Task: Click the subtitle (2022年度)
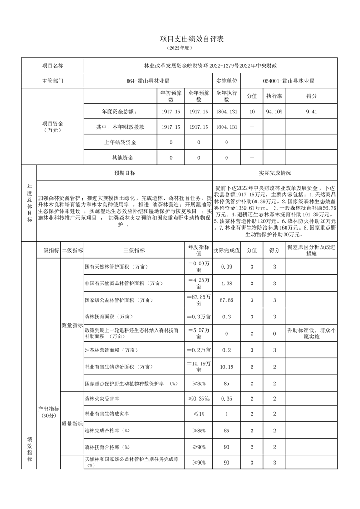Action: tap(180, 48)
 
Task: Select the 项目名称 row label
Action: tap(53, 65)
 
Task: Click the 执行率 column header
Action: tap(274, 96)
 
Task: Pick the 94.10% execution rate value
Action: tap(274, 112)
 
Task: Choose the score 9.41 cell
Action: tap(311, 112)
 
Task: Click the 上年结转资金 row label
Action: tap(120, 142)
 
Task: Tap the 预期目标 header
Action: tap(124, 173)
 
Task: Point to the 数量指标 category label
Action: tap(72, 325)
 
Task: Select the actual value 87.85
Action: tap(226, 300)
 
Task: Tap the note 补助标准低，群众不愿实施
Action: tap(311, 334)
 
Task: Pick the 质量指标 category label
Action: tap(72, 424)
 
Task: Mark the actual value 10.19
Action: tap(226, 367)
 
